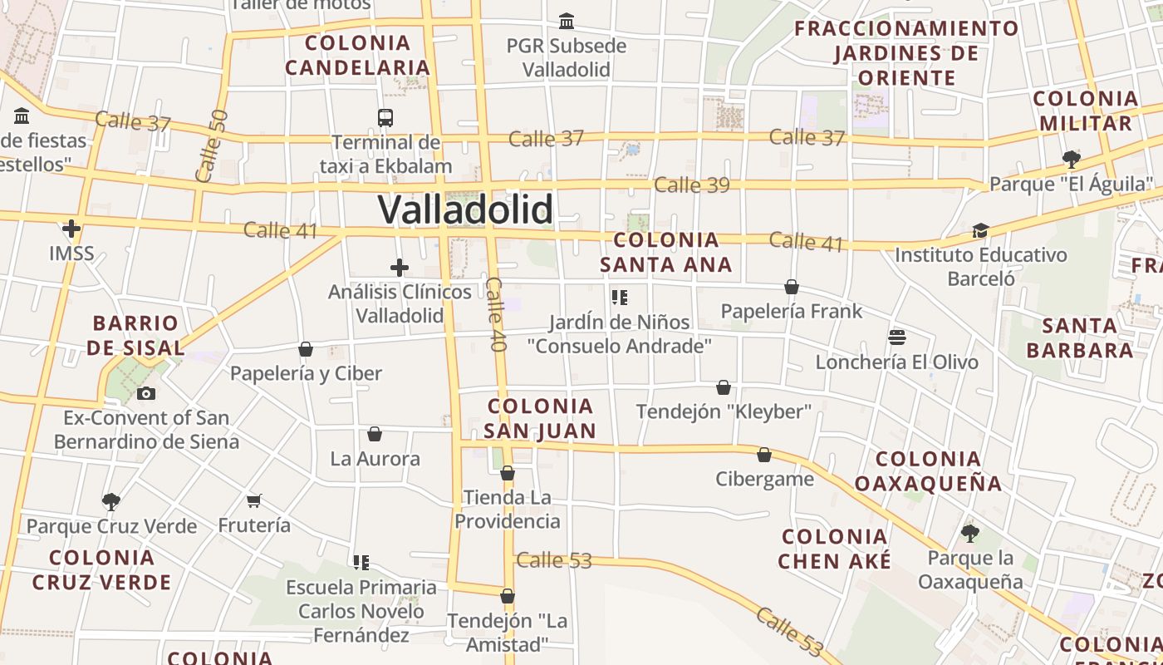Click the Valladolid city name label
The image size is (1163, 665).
click(x=465, y=209)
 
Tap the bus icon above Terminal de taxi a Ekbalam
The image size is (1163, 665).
click(x=385, y=117)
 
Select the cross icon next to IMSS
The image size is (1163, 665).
click(x=71, y=228)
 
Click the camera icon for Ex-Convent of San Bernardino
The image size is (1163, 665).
click(x=146, y=393)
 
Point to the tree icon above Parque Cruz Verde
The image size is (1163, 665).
click(x=111, y=501)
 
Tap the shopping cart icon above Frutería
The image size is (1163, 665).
click(x=254, y=500)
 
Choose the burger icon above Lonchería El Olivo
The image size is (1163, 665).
click(x=896, y=337)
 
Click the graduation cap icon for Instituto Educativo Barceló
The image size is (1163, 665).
click(x=980, y=230)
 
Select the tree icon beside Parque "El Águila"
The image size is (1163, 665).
click(x=1072, y=159)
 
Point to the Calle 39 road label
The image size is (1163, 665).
click(x=691, y=185)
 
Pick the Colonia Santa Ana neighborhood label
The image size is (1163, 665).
click(x=666, y=253)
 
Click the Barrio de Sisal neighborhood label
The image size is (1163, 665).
click(x=135, y=335)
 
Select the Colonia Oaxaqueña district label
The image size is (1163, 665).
click(x=928, y=470)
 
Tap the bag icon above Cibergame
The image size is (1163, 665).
click(x=764, y=455)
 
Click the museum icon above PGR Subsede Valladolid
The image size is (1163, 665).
click(x=567, y=21)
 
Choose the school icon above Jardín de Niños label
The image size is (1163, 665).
click(x=619, y=297)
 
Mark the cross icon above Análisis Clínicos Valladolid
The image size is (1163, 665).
click(x=400, y=268)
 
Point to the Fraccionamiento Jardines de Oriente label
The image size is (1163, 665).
click(x=906, y=53)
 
